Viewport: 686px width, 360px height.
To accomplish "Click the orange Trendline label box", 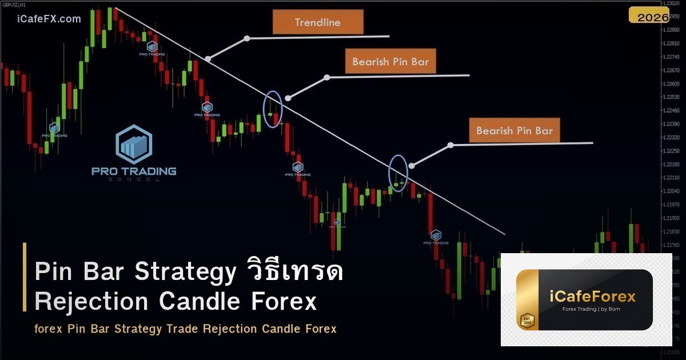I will click(318, 23).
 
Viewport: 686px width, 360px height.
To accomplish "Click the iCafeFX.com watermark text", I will click(45, 19).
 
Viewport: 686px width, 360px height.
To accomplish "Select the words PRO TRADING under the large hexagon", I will click(134, 171).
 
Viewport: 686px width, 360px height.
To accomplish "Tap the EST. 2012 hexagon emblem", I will click(526, 321).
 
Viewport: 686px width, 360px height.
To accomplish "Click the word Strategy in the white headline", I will click(184, 272).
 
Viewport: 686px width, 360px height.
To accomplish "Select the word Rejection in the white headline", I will click(93, 301).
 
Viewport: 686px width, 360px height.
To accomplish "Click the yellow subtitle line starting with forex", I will click(185, 329).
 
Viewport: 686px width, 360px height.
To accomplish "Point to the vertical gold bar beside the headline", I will click(25, 277).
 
